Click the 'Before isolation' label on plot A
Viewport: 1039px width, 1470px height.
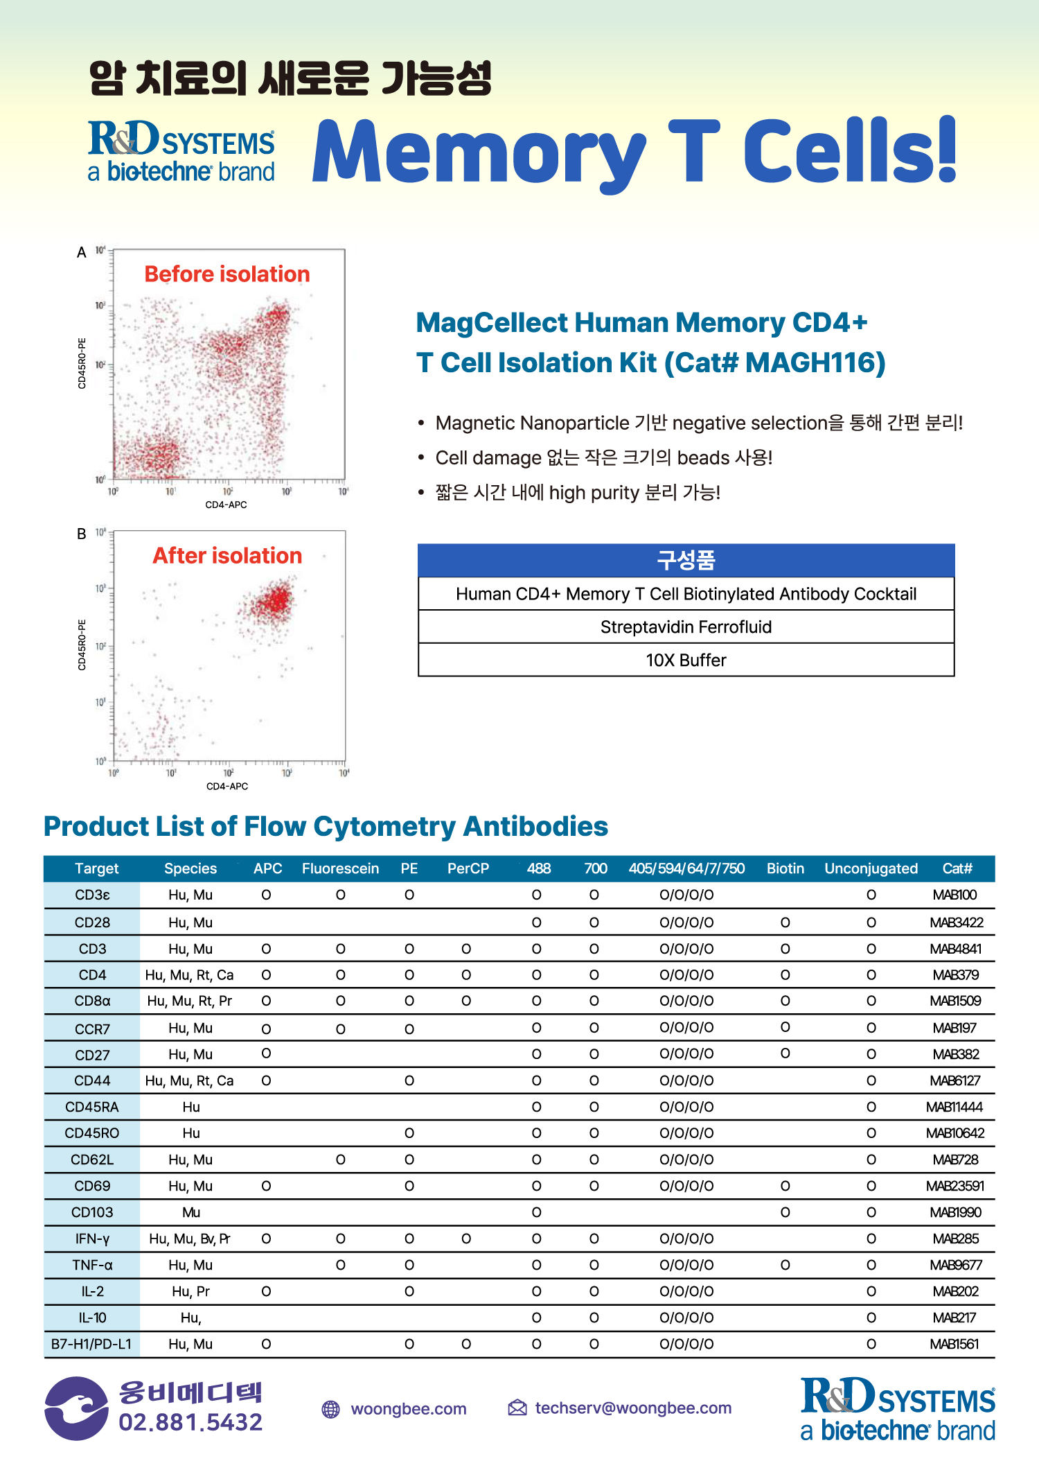pyautogui.click(x=227, y=274)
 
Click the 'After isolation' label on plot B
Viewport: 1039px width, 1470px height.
pyautogui.click(x=227, y=556)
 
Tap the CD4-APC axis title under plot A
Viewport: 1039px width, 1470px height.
pyautogui.click(x=226, y=505)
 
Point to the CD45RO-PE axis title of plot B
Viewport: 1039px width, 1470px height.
pyautogui.click(x=82, y=645)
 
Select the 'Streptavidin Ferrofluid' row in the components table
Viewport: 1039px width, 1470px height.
pyautogui.click(x=686, y=627)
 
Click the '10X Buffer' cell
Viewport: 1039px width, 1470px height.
pyautogui.click(x=686, y=660)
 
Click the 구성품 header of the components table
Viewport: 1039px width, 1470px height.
pyautogui.click(x=686, y=560)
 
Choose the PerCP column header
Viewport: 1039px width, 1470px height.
pyautogui.click(x=468, y=868)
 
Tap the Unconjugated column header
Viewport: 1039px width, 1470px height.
pyautogui.click(x=871, y=868)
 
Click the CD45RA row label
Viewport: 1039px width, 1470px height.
pyautogui.click(x=92, y=1107)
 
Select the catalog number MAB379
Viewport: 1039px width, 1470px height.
pyautogui.click(x=955, y=975)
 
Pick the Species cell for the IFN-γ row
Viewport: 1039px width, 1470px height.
pyautogui.click(x=190, y=1239)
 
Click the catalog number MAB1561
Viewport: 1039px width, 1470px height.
pyautogui.click(x=954, y=1344)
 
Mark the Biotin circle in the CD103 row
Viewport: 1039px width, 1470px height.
pyautogui.click(x=785, y=1212)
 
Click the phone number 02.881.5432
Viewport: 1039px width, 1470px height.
pyautogui.click(x=190, y=1422)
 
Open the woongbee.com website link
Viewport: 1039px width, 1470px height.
pyautogui.click(x=409, y=1408)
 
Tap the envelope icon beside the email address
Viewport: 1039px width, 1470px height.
pyautogui.click(x=517, y=1408)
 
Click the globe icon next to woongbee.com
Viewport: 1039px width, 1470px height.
pyautogui.click(x=331, y=1409)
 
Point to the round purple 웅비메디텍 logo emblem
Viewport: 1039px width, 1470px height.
pyautogui.click(x=76, y=1408)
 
